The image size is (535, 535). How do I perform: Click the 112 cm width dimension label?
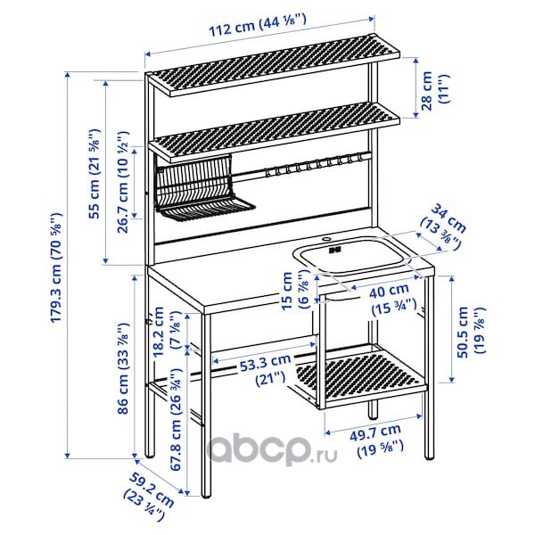[x=258, y=25]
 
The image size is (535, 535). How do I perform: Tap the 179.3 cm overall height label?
[x=56, y=267]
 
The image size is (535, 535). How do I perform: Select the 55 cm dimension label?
[x=95, y=174]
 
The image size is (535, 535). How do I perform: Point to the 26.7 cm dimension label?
[x=122, y=182]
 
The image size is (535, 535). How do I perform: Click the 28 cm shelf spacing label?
[x=435, y=89]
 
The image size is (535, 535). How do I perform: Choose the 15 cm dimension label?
[x=294, y=290]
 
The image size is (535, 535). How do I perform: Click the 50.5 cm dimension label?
[x=471, y=332]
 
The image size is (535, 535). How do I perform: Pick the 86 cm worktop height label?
[x=122, y=367]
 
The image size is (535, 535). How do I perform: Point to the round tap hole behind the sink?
[x=326, y=238]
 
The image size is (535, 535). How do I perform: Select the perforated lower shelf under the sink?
[x=361, y=376]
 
